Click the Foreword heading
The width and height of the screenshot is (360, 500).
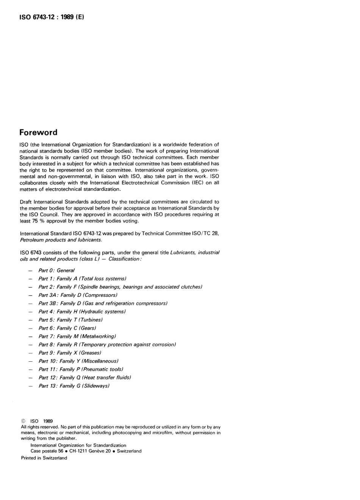(38, 133)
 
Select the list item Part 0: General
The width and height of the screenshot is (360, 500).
(56, 270)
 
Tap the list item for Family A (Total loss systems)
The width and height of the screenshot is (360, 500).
(82, 279)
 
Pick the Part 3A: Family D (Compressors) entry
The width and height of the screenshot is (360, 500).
(78, 295)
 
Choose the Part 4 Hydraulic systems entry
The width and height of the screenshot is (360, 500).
(82, 312)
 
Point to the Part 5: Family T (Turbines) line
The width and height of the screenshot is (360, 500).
(70, 320)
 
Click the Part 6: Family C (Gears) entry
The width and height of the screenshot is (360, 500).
(67, 328)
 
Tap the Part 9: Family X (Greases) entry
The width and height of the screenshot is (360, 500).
(70, 353)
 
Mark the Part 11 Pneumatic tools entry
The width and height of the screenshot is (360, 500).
(81, 369)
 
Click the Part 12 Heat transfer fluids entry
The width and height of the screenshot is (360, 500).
(85, 378)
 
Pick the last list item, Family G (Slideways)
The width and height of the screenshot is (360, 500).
(74, 386)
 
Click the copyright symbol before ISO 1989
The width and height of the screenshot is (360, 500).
(23, 421)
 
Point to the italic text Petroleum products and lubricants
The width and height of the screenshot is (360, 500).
(61, 240)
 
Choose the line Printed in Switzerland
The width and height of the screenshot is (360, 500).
(44, 458)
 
